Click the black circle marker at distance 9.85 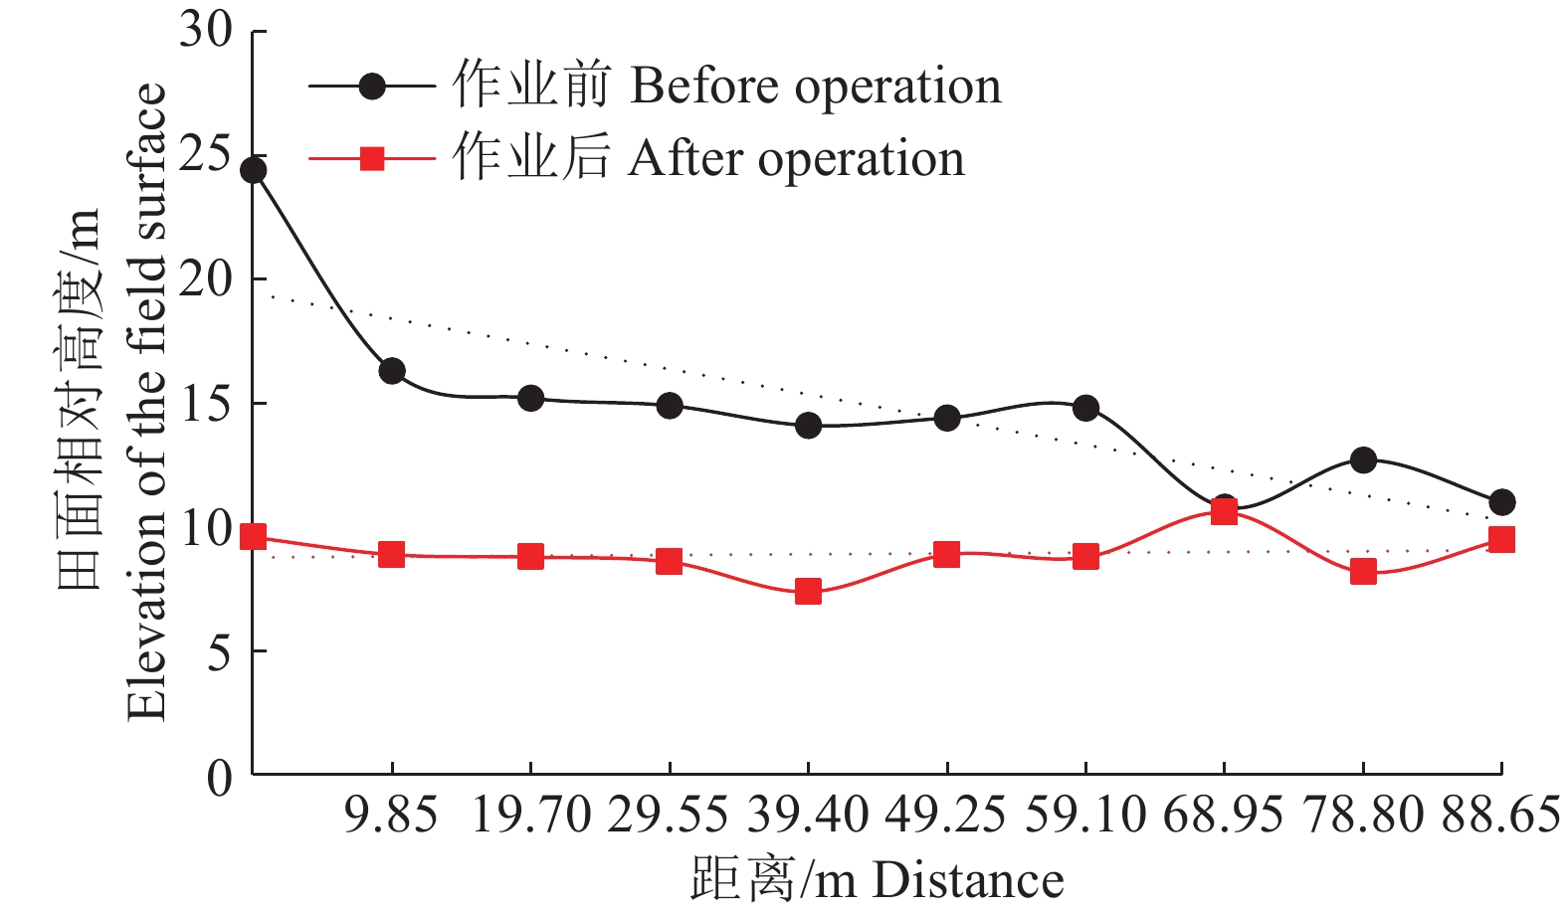click(x=392, y=371)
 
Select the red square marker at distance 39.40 click(x=808, y=592)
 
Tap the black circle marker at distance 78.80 click(x=1363, y=460)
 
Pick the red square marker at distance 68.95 click(x=1224, y=511)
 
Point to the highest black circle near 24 click(x=254, y=171)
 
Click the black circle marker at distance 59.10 click(x=1085, y=408)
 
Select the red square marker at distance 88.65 click(x=1501, y=540)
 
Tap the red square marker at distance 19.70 click(x=530, y=556)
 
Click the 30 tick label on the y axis click(x=206, y=30)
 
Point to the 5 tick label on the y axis click(x=220, y=651)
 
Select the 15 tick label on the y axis click(x=206, y=403)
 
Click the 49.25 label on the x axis click(x=945, y=816)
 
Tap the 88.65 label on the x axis click(x=1500, y=816)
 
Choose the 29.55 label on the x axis click(x=669, y=816)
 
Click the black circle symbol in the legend click(x=372, y=87)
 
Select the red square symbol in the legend click(x=372, y=159)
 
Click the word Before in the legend click(x=703, y=87)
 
